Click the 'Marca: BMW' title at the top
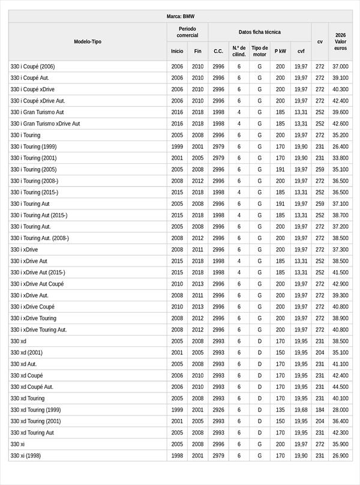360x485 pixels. pyautogui.click(x=180, y=16)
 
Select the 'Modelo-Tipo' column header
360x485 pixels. pyautogui.click(x=88, y=41)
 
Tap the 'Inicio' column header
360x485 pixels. pyautogui.click(x=177, y=52)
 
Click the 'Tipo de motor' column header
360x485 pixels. pyautogui.click(x=259, y=51)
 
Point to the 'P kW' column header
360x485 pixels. pyautogui.click(x=280, y=52)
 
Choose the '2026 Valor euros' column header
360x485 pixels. pyautogui.click(x=341, y=41)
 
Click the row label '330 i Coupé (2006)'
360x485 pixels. pyautogui.click(x=32, y=67)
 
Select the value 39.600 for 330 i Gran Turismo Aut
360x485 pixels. pyautogui.click(x=341, y=112)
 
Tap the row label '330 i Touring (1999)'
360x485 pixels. pyautogui.click(x=34, y=146)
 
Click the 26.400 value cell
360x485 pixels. pyautogui.click(x=341, y=146)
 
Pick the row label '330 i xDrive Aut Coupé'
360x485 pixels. pyautogui.click(x=37, y=284)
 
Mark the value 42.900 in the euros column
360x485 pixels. pyautogui.click(x=341, y=284)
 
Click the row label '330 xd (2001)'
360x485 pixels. pyautogui.click(x=26, y=352)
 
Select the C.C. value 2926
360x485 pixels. pyautogui.click(x=218, y=409)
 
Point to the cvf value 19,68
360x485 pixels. pyautogui.click(x=301, y=409)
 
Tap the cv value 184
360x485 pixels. pyautogui.click(x=320, y=409)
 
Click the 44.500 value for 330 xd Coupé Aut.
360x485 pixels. pyautogui.click(x=341, y=387)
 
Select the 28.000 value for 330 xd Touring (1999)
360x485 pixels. pyautogui.click(x=341, y=409)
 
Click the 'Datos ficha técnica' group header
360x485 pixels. pyautogui.click(x=259, y=32)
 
